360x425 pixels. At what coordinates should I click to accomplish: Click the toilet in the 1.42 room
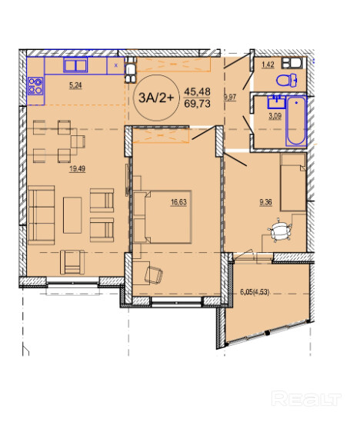(287, 80)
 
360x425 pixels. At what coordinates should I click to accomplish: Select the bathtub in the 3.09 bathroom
(296, 121)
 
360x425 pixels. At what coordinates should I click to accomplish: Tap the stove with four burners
(35, 85)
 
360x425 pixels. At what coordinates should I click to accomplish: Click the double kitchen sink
(75, 65)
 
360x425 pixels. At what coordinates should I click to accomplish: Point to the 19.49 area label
(78, 168)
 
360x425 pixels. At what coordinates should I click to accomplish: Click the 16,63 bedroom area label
(178, 202)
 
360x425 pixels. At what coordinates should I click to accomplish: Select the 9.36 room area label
(265, 202)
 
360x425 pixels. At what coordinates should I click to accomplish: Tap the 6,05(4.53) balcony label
(255, 292)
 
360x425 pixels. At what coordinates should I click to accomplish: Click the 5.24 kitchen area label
(75, 85)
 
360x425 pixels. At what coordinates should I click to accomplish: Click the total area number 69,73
(197, 104)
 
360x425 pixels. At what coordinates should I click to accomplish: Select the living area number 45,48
(197, 91)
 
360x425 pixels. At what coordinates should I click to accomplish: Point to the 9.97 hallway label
(230, 97)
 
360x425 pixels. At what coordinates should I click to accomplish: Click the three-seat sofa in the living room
(42, 215)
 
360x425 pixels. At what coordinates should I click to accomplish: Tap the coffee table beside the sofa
(72, 215)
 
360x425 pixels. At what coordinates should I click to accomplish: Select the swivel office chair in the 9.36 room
(280, 231)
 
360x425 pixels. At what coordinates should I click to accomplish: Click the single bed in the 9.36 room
(293, 182)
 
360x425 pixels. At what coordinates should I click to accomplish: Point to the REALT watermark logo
(306, 399)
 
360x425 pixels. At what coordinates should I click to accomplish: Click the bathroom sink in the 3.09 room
(276, 101)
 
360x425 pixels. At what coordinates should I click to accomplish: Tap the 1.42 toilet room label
(268, 65)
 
